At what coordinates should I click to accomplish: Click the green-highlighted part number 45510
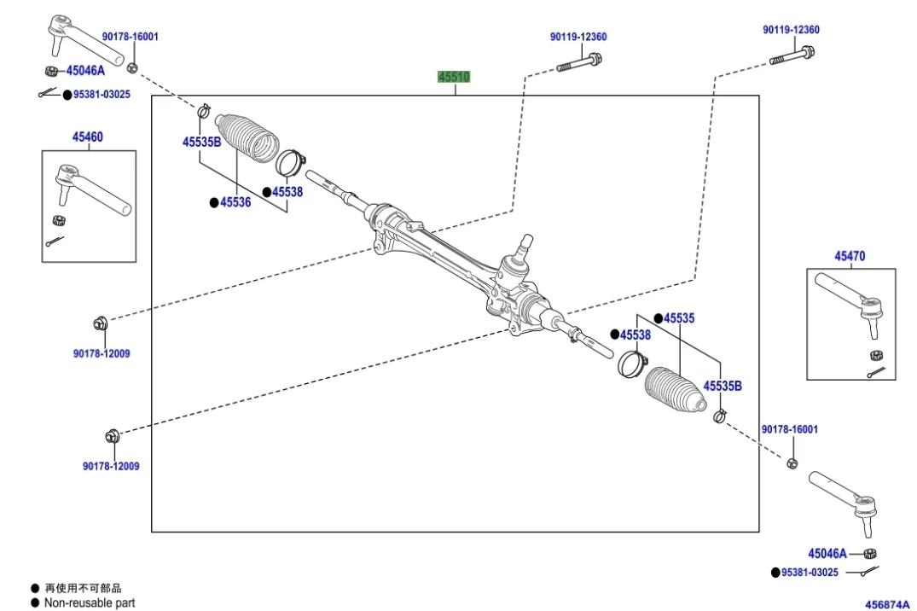click(x=454, y=77)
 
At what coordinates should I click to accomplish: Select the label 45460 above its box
click(x=87, y=137)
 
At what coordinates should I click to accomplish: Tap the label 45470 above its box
click(x=850, y=255)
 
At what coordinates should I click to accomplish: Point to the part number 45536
click(x=235, y=202)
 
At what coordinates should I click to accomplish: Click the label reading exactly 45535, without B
click(x=679, y=318)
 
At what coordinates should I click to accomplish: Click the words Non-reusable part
click(x=90, y=602)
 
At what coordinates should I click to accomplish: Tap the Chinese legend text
click(x=83, y=588)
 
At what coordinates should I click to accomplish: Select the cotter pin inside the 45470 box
click(x=876, y=372)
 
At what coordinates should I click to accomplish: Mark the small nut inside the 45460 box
click(x=58, y=220)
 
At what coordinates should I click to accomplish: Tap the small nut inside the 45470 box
click(x=875, y=355)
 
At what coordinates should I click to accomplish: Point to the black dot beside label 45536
click(x=214, y=202)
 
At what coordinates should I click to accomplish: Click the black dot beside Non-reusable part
click(x=35, y=602)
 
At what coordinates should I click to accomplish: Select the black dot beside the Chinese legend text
click(x=35, y=588)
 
